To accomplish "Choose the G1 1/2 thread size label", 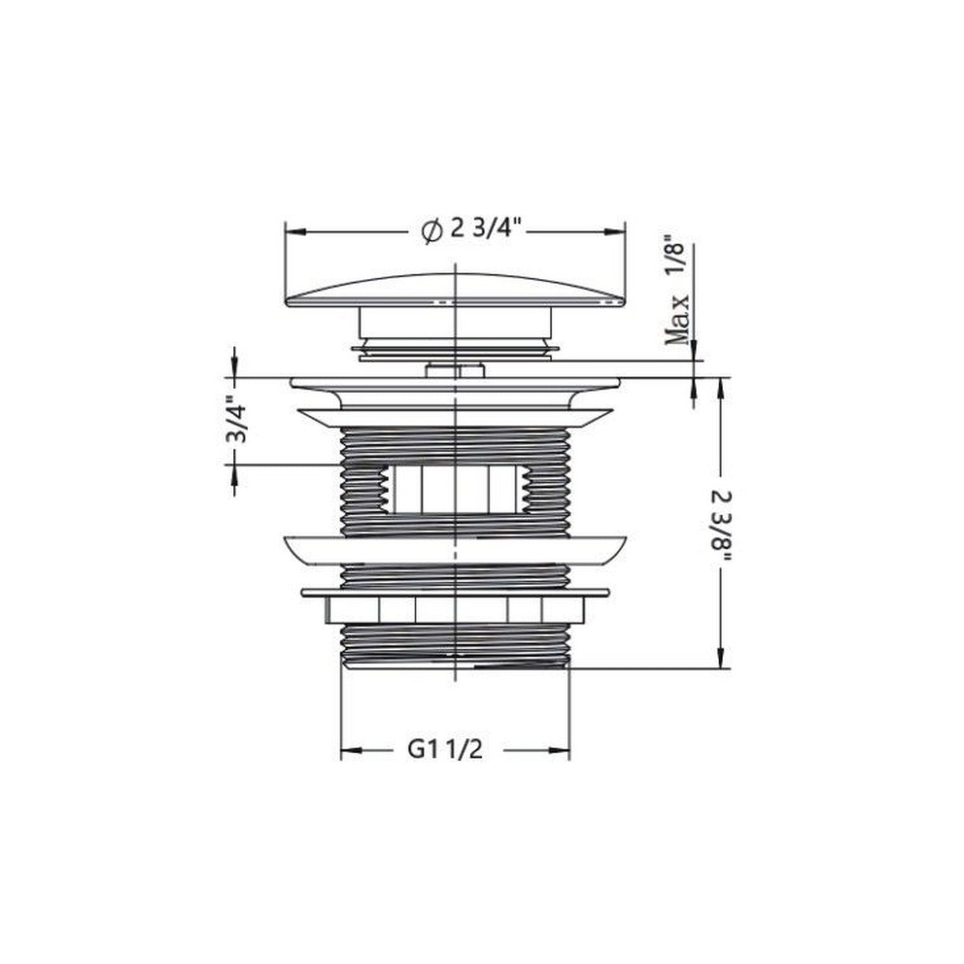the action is point(445,763).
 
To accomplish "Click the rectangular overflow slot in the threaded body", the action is point(455,489).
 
